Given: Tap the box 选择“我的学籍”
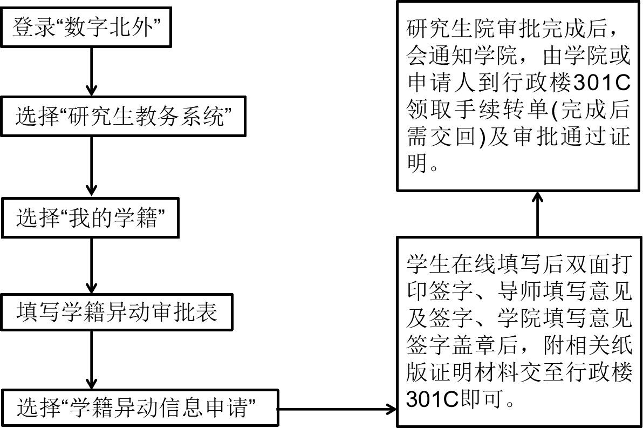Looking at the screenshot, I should click(90, 218).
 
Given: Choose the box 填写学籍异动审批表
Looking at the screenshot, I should click(118, 311).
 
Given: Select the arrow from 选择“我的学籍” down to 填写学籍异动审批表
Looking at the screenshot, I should click(91, 265).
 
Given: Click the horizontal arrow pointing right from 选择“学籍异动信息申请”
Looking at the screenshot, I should click(337, 409).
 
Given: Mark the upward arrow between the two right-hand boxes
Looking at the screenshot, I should click(537, 214).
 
